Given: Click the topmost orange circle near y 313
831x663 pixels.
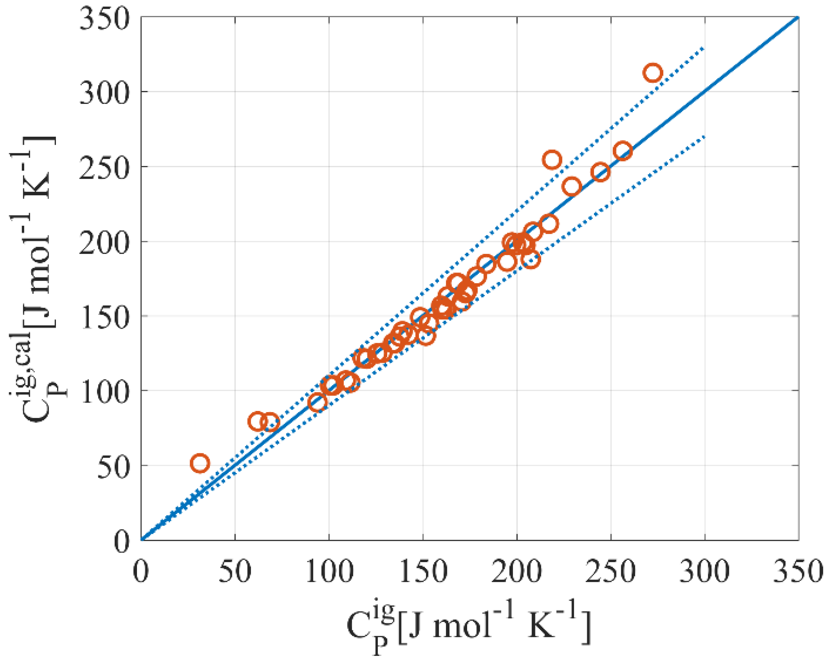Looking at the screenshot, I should [x=653, y=73].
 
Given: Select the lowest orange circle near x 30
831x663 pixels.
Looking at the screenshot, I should [x=200, y=463].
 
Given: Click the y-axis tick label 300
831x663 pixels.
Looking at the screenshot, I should [x=103, y=92].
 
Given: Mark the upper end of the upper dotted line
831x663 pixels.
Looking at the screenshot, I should [x=704, y=48].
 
